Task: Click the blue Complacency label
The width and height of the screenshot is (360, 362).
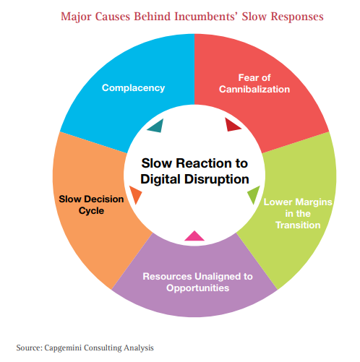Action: [133, 88]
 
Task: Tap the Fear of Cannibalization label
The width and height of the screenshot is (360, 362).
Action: [254, 84]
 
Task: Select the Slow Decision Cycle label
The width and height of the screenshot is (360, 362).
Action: [91, 204]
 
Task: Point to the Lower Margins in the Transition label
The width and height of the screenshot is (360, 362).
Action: [298, 214]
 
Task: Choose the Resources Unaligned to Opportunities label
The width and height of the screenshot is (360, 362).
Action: [197, 282]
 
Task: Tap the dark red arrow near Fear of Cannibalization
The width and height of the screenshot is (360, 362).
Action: [232, 125]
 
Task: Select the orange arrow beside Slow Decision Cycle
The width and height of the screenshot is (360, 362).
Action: [135, 194]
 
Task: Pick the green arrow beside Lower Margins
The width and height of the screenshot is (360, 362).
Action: [254, 194]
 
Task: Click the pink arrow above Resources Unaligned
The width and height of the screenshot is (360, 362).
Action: [194, 236]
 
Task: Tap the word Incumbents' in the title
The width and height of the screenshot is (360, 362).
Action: [206, 17]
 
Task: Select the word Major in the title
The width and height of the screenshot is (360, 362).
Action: [76, 17]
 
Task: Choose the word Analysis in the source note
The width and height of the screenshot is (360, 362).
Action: [139, 348]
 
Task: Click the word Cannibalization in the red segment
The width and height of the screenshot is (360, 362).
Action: [254, 90]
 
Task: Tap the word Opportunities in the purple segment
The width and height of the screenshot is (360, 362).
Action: [197, 288]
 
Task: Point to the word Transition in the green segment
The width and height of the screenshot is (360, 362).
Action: [298, 225]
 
